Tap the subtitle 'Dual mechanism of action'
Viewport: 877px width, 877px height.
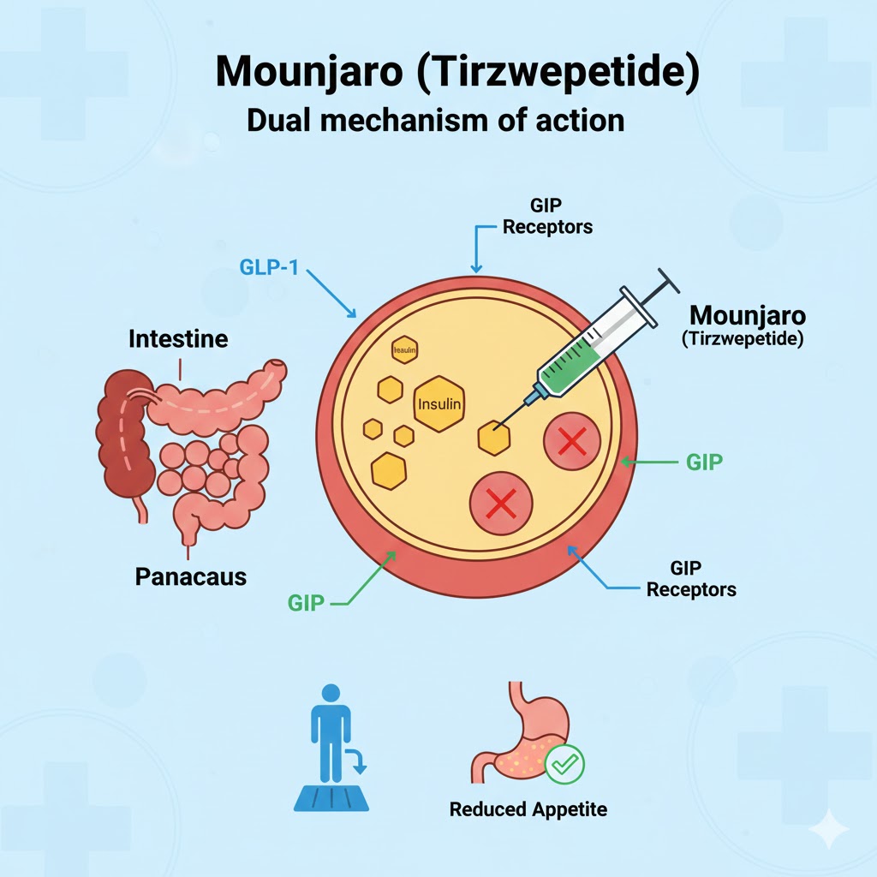tap(435, 120)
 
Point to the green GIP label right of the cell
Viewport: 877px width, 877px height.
tap(704, 462)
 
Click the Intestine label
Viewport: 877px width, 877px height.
tap(178, 339)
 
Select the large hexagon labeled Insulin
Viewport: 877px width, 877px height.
tap(438, 403)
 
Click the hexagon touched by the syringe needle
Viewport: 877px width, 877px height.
tap(493, 438)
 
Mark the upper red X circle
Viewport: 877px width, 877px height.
tap(571, 442)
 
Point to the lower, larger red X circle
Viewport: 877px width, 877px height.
tap(501, 502)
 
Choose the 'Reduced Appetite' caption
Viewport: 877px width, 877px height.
tap(528, 809)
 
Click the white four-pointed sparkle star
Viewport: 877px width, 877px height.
tap(829, 828)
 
